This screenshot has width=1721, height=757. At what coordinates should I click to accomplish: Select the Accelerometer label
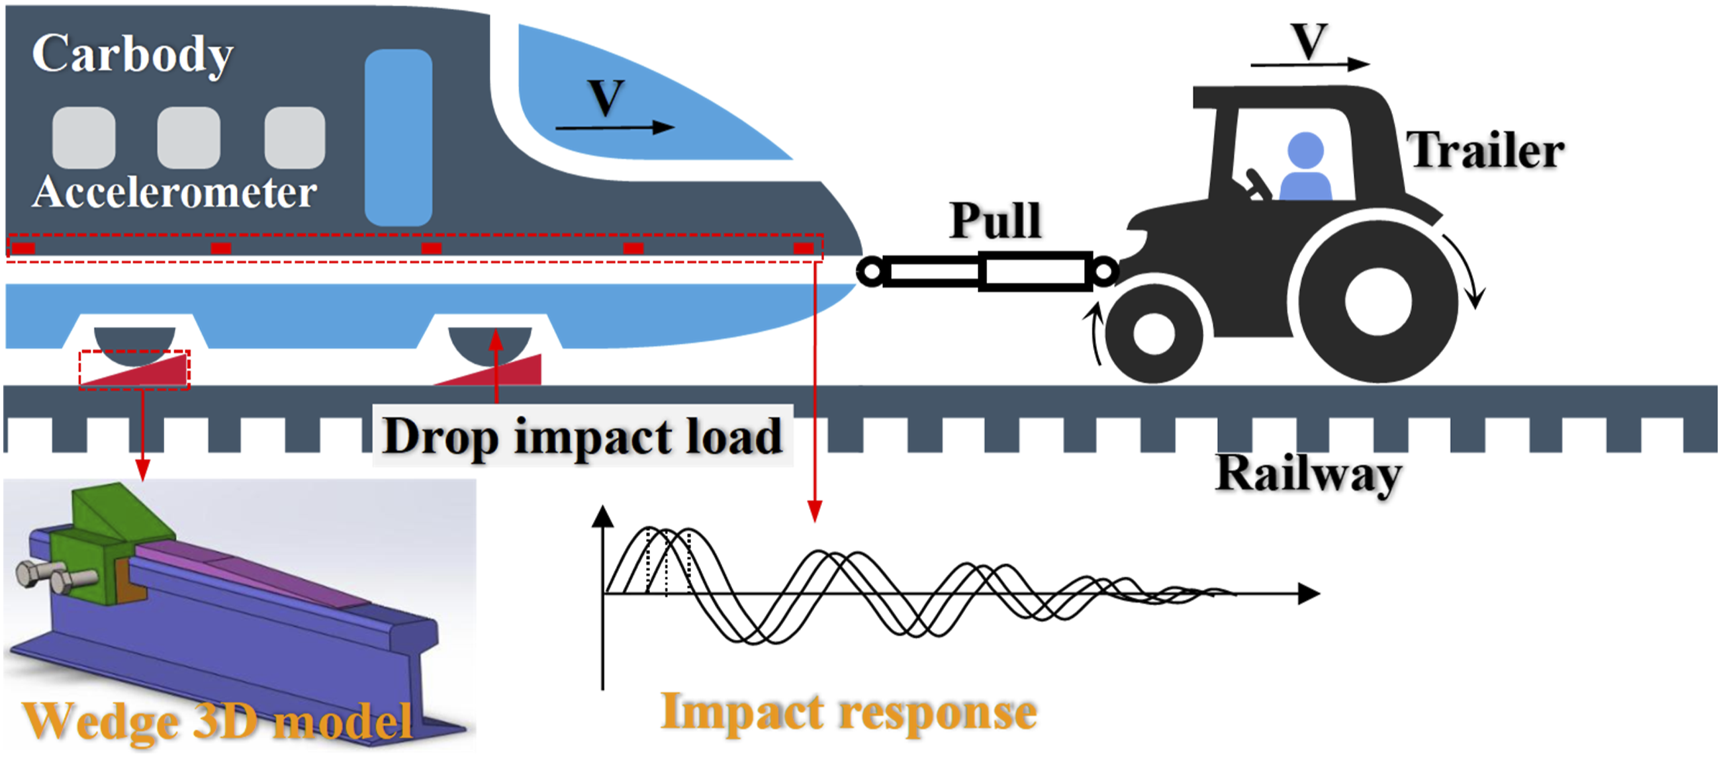coord(175,193)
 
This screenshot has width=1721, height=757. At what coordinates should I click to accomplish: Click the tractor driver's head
coord(1305,150)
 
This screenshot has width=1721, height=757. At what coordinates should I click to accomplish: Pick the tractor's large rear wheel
coord(1378,301)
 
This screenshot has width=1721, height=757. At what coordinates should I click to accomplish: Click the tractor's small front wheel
coord(1154,333)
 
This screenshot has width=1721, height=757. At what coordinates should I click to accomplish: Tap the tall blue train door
coord(398,137)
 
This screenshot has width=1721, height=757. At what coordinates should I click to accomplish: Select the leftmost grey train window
coord(83,137)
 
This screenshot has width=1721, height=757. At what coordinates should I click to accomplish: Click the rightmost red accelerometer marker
coord(803,249)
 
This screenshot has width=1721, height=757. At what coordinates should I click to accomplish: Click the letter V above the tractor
coord(1308,42)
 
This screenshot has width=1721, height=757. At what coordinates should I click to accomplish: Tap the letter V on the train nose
coord(606,97)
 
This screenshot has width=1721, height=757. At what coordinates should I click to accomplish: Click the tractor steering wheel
coord(1258,185)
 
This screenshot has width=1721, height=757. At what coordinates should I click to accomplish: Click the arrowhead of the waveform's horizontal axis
coord(1309,594)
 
